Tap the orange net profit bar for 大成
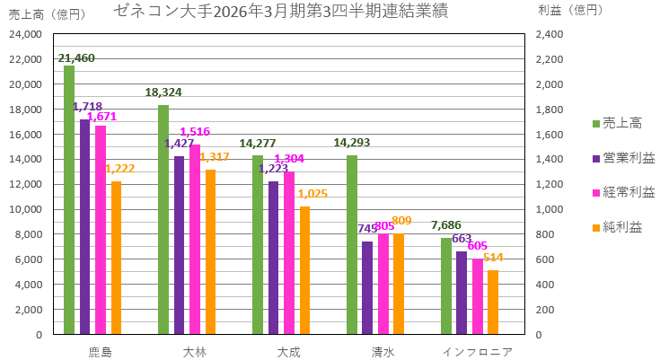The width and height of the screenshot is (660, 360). click(x=304, y=270)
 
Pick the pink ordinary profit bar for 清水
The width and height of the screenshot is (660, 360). click(x=383, y=284)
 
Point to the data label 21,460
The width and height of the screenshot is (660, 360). click(x=76, y=58)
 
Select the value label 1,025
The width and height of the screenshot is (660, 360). click(x=312, y=194)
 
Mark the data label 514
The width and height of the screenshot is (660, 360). click(x=492, y=258)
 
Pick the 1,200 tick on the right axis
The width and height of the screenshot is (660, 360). click(x=549, y=184)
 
